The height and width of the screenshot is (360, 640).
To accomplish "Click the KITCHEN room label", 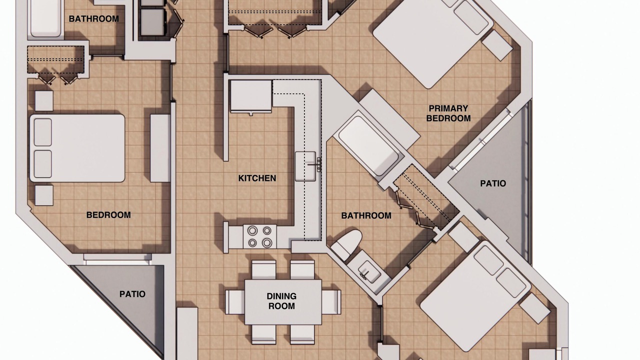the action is (x=257, y=178).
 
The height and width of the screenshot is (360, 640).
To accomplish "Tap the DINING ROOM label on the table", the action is (x=281, y=301).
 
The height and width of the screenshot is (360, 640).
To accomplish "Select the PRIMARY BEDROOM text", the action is (x=448, y=113).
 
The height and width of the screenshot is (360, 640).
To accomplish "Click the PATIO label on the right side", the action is (x=493, y=183).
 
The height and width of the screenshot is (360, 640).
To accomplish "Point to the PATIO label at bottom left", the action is (x=132, y=294).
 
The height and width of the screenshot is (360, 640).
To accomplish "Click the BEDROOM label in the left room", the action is (x=108, y=215).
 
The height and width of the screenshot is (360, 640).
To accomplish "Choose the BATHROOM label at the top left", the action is (x=94, y=19).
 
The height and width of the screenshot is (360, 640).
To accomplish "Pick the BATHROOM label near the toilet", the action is (x=366, y=215).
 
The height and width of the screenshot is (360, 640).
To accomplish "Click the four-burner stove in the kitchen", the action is (x=259, y=236).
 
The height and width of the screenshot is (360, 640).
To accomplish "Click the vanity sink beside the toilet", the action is (x=369, y=272).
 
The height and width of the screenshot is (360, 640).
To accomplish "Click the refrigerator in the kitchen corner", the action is (x=251, y=96).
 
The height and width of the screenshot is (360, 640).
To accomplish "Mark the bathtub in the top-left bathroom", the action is (x=45, y=18).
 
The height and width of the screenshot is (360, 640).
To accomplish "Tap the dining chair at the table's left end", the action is (x=235, y=302).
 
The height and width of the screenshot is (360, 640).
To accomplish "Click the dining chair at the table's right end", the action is (x=331, y=302).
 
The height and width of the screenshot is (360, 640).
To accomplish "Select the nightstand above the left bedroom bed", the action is (x=44, y=101).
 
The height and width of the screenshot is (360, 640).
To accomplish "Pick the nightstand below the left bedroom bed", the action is (x=44, y=195).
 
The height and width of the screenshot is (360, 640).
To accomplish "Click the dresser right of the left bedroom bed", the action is (x=160, y=148).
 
